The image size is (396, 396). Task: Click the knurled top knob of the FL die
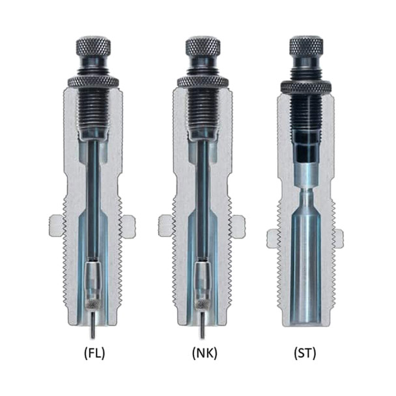(x=93, y=46)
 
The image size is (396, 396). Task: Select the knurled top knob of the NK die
(x=203, y=46)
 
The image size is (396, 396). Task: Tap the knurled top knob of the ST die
(x=306, y=46)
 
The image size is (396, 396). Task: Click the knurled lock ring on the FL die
(x=93, y=81)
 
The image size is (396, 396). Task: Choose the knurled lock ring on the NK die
(x=203, y=81)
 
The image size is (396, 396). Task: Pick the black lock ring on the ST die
(x=306, y=86)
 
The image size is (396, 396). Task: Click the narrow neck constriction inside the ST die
(x=306, y=191)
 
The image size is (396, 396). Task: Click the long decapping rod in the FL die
(x=93, y=195)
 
